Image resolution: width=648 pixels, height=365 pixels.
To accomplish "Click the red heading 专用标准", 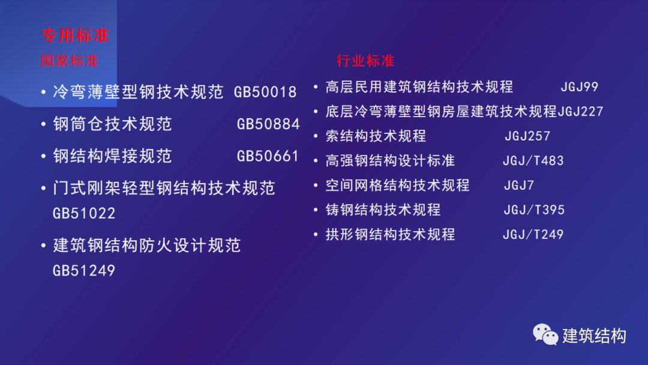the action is [76, 35].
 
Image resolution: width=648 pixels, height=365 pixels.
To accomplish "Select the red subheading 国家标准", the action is [70, 61].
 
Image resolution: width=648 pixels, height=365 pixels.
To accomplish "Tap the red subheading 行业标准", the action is [365, 61].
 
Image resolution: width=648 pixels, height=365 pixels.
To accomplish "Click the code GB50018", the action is [265, 92].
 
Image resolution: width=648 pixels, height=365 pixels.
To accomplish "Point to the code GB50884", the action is [268, 124].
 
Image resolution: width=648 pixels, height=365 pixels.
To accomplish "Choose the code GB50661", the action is [268, 156].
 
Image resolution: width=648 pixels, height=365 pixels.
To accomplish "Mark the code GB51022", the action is [84, 213].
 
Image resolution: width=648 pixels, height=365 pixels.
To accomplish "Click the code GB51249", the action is [84, 271].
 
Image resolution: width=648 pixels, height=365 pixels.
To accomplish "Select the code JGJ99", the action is [580, 87].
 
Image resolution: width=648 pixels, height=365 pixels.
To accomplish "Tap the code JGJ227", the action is [580, 112].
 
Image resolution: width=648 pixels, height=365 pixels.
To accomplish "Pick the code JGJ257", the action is [527, 136].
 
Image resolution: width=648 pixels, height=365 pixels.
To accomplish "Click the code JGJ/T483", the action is [533, 160].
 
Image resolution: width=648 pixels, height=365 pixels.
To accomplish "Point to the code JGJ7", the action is [519, 185].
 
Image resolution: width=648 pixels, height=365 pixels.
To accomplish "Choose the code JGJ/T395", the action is [534, 210].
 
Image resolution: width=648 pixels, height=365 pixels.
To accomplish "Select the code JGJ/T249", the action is [533, 234].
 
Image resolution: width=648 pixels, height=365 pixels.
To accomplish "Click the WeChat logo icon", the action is [545, 334].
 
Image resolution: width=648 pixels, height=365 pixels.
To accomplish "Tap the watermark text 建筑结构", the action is [594, 336].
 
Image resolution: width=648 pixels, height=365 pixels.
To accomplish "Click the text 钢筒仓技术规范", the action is [112, 124].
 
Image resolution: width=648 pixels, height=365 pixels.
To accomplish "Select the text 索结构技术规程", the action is [376, 136].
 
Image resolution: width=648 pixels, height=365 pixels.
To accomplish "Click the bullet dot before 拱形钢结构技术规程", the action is [316, 234].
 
